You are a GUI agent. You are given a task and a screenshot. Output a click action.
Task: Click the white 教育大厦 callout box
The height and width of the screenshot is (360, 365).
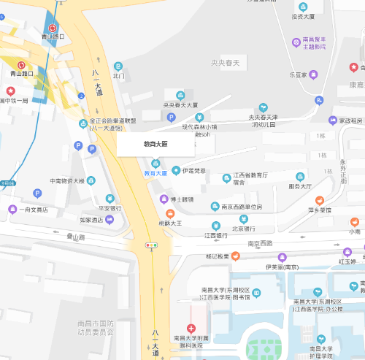click(155, 144)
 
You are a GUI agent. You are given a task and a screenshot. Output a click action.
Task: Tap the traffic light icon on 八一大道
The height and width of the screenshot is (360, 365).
click(153, 245)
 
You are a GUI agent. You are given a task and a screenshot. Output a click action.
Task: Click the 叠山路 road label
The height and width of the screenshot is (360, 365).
click(76, 237)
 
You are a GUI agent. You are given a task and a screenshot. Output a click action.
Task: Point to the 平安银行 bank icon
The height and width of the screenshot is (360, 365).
click(109, 199)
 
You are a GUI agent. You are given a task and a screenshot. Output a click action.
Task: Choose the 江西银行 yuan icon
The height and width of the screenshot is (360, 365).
click(215, 225)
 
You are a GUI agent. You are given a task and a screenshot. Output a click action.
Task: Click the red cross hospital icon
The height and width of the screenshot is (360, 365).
click(191, 329)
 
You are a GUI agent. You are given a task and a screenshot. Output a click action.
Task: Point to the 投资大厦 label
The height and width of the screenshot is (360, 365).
click(302, 16)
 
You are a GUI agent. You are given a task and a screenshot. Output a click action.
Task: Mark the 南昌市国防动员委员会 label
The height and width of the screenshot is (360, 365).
click(95, 327)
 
